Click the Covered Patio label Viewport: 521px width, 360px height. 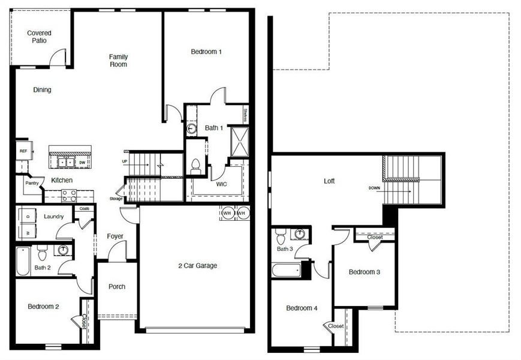(39, 37)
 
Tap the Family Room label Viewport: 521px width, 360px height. (118, 61)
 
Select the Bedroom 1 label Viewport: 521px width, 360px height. (206, 52)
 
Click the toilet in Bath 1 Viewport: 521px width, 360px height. (195, 166)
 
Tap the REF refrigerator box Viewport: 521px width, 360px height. (23, 151)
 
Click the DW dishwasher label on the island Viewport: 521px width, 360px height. (82, 163)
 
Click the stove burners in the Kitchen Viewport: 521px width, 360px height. (70, 196)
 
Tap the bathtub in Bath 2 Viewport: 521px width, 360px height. (23, 261)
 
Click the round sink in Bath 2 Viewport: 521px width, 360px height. (63, 250)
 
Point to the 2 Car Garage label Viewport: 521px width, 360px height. (197, 266)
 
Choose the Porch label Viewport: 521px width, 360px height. (117, 287)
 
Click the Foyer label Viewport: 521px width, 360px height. (115, 236)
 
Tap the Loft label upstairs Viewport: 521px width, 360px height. (329, 181)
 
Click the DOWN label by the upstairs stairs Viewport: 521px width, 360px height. (375, 188)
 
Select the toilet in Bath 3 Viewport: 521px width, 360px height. (281, 236)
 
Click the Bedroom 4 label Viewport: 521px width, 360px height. (302, 308)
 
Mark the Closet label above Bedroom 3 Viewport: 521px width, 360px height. (375, 237)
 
